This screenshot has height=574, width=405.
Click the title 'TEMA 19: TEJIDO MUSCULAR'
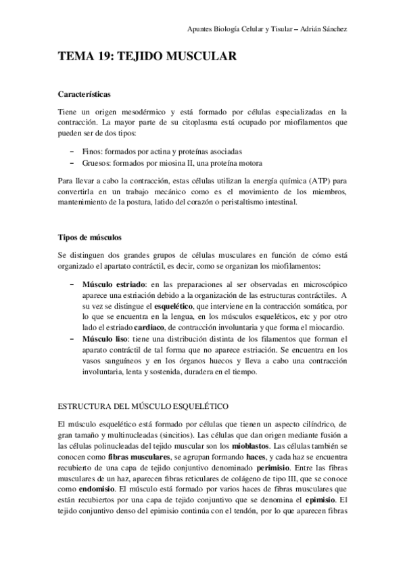click(x=147, y=58)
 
